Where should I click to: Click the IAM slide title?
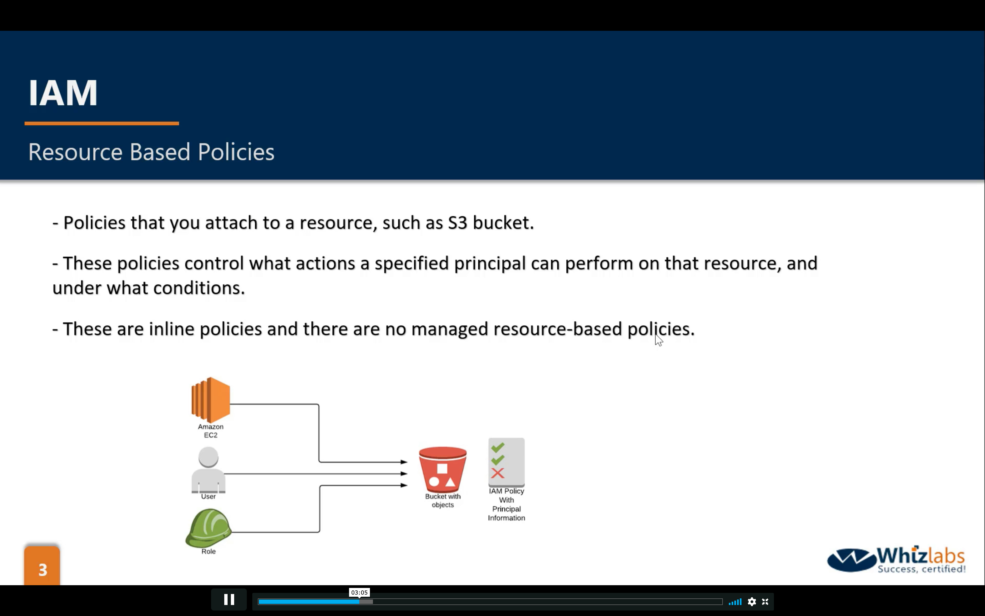(x=63, y=93)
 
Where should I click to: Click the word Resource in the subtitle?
(x=75, y=152)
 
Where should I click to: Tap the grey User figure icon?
(x=208, y=470)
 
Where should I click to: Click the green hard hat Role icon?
(x=208, y=528)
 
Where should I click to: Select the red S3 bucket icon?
(x=443, y=470)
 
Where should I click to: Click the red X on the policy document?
(x=497, y=473)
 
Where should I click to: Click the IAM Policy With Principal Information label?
(x=506, y=504)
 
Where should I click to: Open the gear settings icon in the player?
(x=752, y=602)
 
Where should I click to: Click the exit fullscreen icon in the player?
(x=765, y=602)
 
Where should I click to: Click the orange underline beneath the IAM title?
(x=102, y=123)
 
